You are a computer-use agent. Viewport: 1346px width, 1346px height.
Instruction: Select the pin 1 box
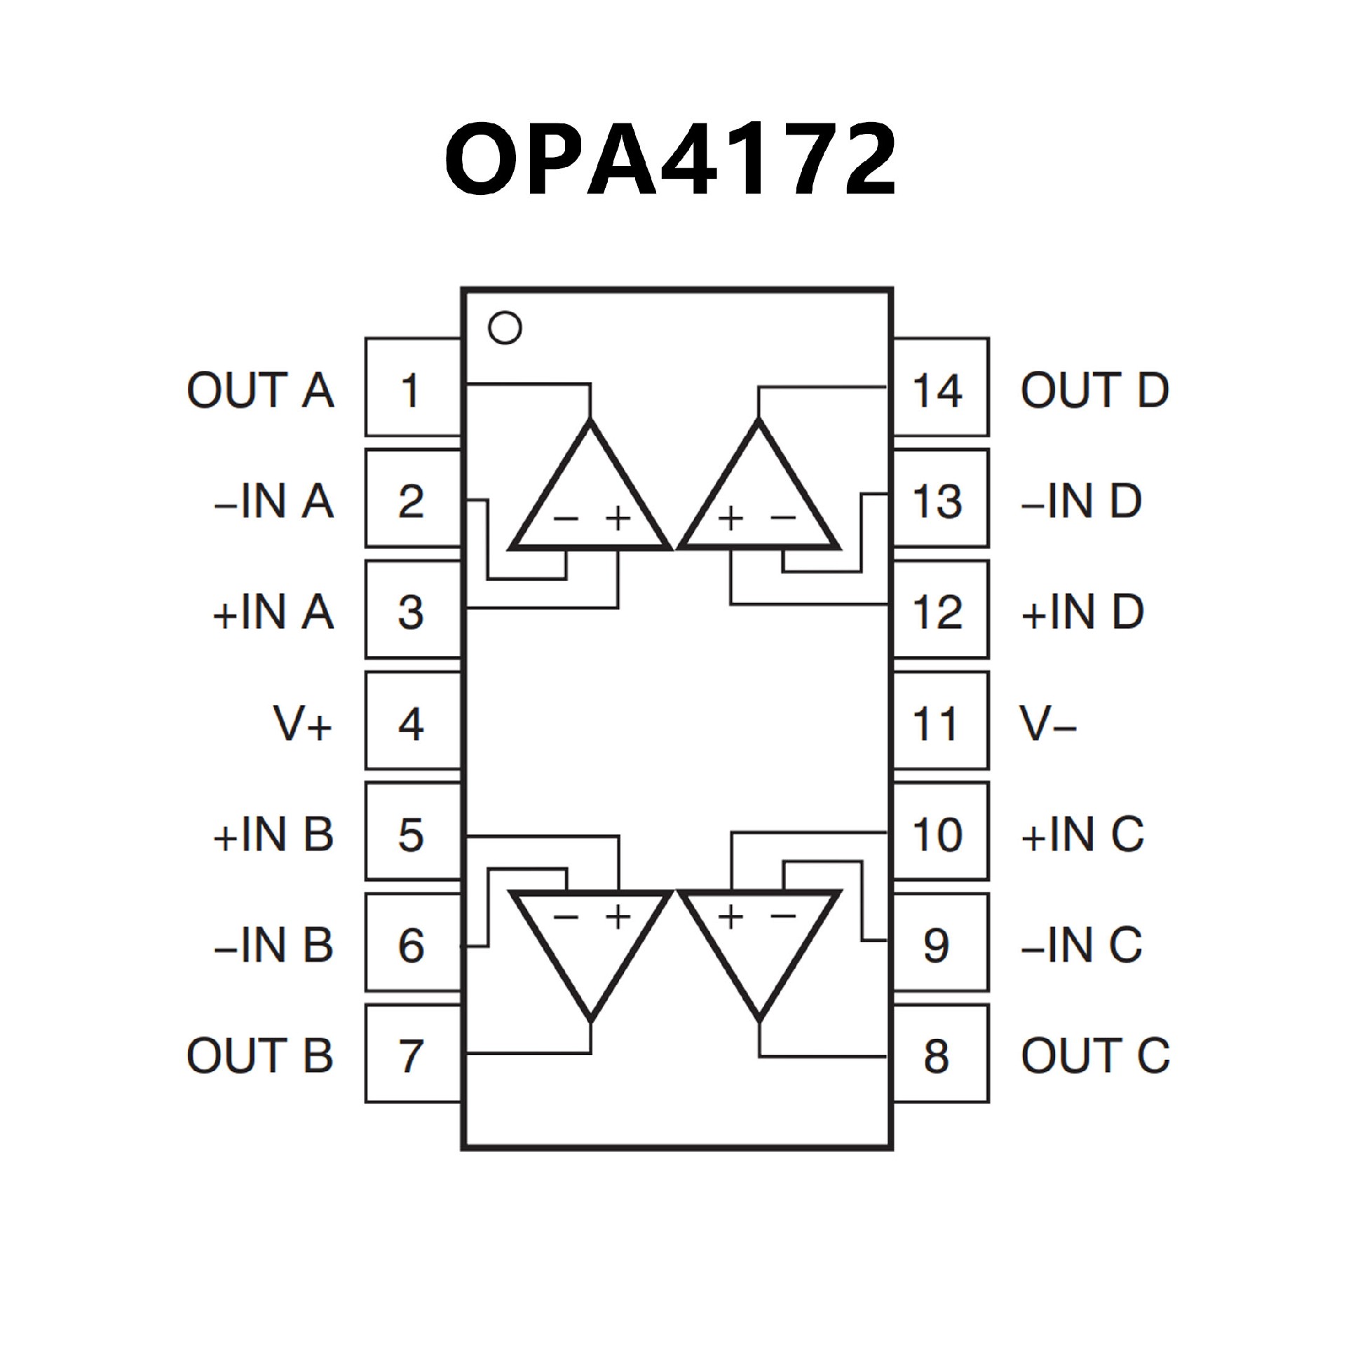pyautogui.click(x=412, y=388)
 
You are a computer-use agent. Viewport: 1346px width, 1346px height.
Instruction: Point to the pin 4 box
pyautogui.click(x=412, y=723)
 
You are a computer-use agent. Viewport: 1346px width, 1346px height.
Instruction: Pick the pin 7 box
pyautogui.click(x=412, y=1056)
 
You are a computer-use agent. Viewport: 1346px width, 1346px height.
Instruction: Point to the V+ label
pyautogui.click(x=302, y=724)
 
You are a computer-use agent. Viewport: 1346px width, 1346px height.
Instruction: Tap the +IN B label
pyautogui.click(x=273, y=834)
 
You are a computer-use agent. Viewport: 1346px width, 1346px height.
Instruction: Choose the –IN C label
pyautogui.click(x=1082, y=945)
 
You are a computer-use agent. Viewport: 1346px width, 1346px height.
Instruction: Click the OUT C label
pyautogui.click(x=1095, y=1056)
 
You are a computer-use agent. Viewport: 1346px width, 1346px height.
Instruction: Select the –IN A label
pyautogui.click(x=273, y=501)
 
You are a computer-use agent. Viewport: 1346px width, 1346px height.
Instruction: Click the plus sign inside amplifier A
pyautogui.click(x=618, y=519)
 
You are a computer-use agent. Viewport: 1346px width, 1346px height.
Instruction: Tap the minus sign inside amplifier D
pyautogui.click(x=783, y=519)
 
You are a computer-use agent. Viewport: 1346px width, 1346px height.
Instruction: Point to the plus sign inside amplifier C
pyautogui.click(x=730, y=916)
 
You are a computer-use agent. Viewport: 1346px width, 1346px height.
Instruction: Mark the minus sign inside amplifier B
pyautogui.click(x=566, y=916)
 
